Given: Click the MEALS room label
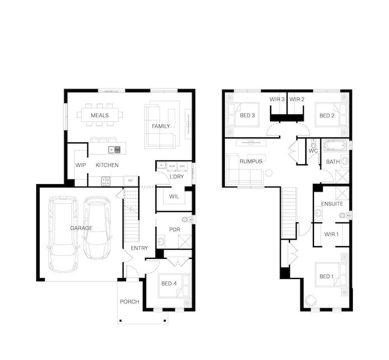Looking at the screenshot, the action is [100, 115].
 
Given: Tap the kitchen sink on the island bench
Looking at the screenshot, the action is [114, 149].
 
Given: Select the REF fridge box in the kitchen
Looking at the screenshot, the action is [130, 181].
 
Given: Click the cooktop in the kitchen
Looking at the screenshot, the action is [106, 181].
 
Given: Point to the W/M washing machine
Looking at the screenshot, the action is [172, 166].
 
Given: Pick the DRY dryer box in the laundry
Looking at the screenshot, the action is [182, 166].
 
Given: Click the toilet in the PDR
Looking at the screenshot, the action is [187, 220].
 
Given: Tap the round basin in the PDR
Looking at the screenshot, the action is [161, 241].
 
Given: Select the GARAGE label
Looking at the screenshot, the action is [81, 228].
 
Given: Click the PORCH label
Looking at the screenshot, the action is [129, 302].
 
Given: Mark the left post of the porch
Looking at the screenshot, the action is [121, 321].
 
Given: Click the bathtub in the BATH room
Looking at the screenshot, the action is [335, 145].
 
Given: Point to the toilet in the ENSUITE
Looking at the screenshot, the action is [344, 215].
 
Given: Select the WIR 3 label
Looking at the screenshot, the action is [277, 99].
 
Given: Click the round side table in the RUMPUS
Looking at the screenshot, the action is [269, 172].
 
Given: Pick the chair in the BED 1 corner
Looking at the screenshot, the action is [310, 301].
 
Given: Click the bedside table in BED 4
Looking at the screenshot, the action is [187, 304].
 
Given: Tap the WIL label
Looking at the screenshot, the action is [174, 197].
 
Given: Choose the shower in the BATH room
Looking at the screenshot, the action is [342, 177].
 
